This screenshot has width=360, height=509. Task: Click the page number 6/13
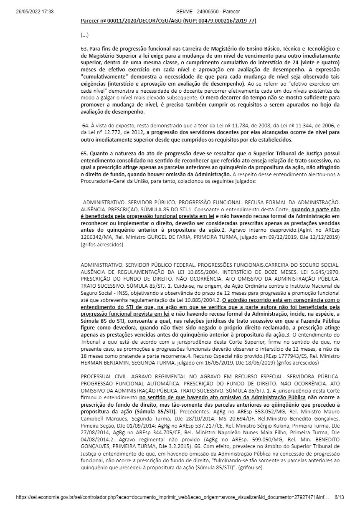(340, 498)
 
